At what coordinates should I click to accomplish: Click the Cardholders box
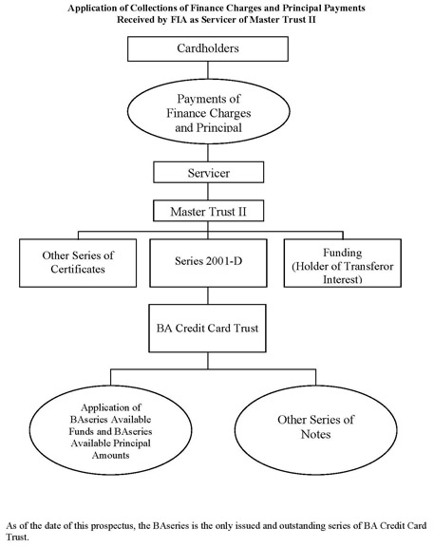coord(208,48)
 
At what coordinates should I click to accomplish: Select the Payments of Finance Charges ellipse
coord(208,112)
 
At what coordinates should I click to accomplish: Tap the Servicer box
coord(208,172)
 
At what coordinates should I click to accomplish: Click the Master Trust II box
coord(208,211)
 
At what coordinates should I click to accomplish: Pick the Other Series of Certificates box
coord(78,263)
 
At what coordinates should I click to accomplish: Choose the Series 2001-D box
coord(208,263)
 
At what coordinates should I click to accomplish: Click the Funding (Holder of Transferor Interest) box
coord(343,263)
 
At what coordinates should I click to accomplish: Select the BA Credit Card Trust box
coord(208,328)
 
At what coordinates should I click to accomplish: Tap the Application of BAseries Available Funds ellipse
coord(110,430)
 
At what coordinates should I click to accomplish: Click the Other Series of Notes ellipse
coord(315,430)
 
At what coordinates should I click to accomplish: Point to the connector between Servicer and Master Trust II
coord(208,192)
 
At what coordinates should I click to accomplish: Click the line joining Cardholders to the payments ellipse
coord(208,70)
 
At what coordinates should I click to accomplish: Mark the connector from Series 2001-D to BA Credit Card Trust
coord(208,296)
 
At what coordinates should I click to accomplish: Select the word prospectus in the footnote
coord(113,526)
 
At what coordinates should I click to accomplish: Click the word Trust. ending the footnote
coord(17,538)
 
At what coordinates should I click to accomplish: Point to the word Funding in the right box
coord(343,253)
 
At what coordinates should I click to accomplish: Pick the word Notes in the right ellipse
coord(315,434)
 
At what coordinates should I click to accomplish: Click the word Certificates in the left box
coord(78,269)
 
